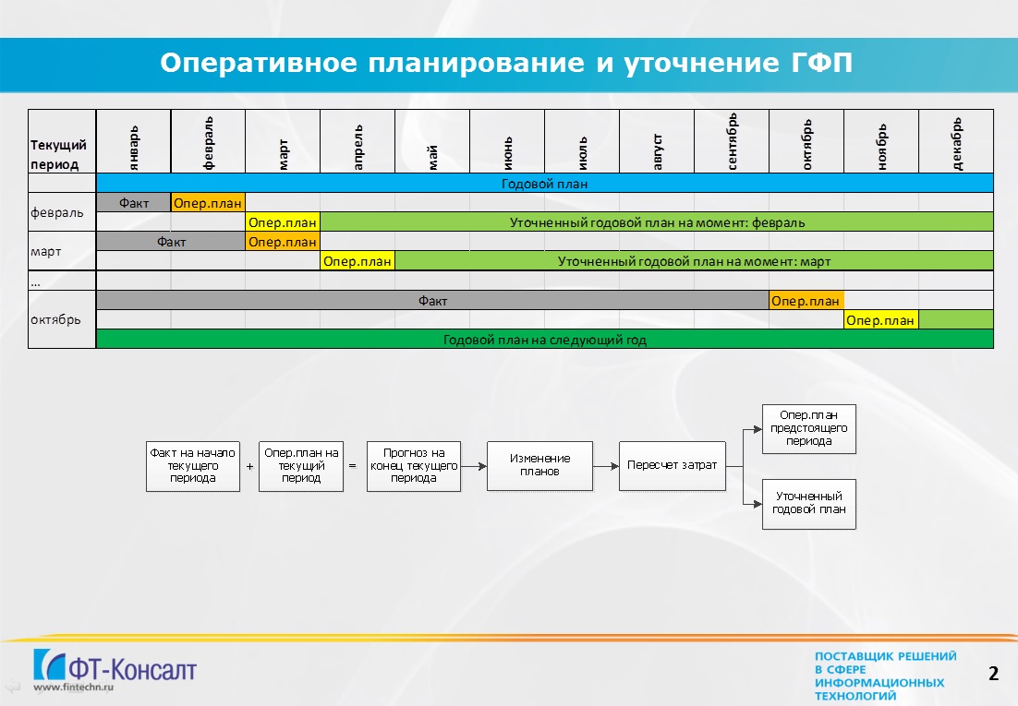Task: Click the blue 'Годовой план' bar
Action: click(x=545, y=183)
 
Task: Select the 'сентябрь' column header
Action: click(x=732, y=141)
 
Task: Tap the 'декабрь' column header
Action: click(x=956, y=141)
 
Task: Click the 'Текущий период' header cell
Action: click(x=62, y=141)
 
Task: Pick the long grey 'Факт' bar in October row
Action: click(x=432, y=301)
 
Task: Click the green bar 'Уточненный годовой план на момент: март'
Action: click(x=694, y=261)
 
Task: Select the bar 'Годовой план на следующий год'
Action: click(x=545, y=340)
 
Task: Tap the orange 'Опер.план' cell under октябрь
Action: click(x=806, y=301)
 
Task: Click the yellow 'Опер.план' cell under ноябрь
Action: click(x=881, y=320)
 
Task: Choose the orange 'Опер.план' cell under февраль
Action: click(x=208, y=203)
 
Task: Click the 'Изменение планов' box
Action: click(x=539, y=465)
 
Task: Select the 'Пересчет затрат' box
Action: click(x=672, y=465)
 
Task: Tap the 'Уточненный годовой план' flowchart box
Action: click(x=809, y=504)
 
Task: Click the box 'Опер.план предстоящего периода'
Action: click(x=809, y=428)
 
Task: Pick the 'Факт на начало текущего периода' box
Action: click(x=193, y=466)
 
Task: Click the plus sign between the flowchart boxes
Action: click(x=250, y=466)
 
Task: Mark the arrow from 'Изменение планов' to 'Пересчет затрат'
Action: click(x=606, y=466)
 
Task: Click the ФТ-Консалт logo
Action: click(x=115, y=669)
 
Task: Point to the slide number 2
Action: click(x=993, y=674)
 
